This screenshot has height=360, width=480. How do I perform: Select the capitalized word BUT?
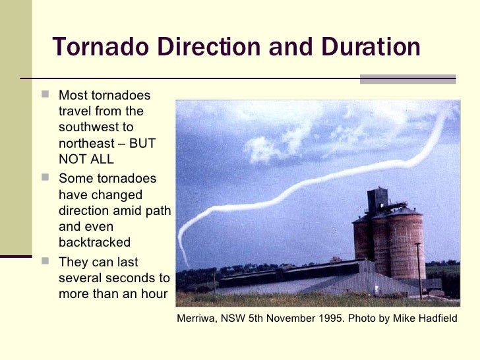click(142, 143)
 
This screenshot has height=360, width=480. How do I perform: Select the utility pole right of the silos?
click(419, 270)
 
